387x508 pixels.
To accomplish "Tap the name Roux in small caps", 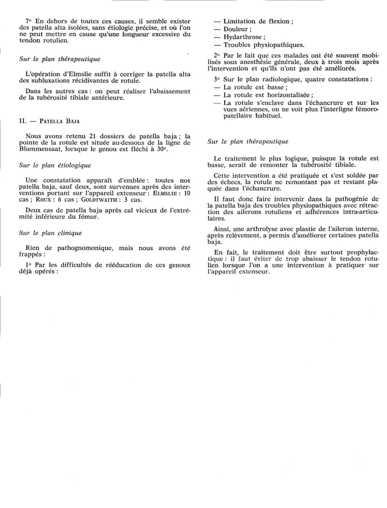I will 43,199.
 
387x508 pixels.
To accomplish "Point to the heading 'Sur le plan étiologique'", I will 55,166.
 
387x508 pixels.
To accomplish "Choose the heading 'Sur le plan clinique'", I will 50,233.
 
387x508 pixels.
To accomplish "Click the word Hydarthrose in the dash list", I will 243,37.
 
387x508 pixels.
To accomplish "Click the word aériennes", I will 240,109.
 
